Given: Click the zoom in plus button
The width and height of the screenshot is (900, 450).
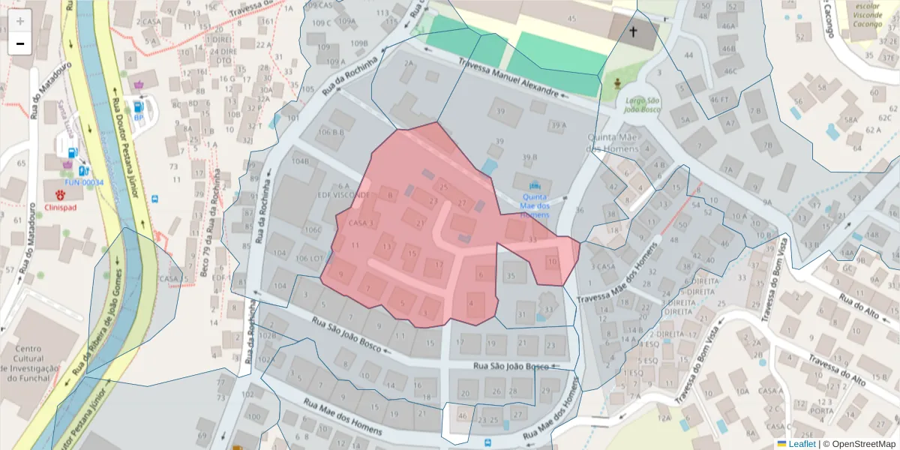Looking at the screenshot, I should pyautogui.click(x=20, y=20).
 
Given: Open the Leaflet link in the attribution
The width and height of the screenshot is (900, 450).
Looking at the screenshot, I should pyautogui.click(x=801, y=444).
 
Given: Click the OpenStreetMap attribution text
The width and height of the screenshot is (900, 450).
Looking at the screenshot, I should pyautogui.click(x=859, y=444).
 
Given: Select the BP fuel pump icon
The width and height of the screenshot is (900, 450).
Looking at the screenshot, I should pyautogui.click(x=139, y=104).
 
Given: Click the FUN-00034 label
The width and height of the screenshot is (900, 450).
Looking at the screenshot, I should pyautogui.click(x=84, y=182).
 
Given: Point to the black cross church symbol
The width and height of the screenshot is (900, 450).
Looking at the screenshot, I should pyautogui.click(x=633, y=31).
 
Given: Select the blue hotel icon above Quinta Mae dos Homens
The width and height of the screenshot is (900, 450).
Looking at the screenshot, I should pyautogui.click(x=535, y=185).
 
